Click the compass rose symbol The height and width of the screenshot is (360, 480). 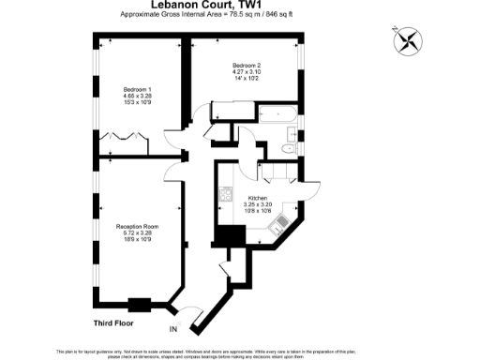coord(410,40)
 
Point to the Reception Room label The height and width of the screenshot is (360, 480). coord(136,226)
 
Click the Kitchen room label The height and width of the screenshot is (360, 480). coord(259,198)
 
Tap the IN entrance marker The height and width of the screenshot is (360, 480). coord(172,329)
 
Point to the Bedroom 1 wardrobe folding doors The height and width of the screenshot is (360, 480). coord(123,137)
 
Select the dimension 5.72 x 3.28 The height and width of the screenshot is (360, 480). coord(136,232)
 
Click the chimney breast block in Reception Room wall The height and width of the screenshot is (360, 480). coord(139,303)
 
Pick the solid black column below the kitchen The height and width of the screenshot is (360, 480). coord(228,238)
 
